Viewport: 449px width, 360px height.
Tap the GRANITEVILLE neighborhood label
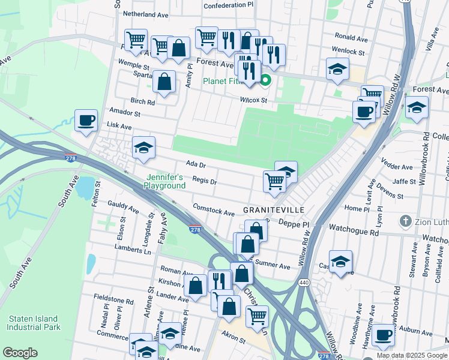(273, 210)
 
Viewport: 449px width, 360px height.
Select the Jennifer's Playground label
(164, 181)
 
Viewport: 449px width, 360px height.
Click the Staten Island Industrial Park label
(33, 323)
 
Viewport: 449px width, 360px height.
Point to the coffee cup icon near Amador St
(85, 119)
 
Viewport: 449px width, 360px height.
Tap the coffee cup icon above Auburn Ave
(383, 335)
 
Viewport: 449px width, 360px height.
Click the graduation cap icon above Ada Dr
(143, 148)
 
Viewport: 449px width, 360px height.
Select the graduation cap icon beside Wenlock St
(337, 68)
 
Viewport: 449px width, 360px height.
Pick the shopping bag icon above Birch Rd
(164, 81)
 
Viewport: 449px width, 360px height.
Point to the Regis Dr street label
(204, 180)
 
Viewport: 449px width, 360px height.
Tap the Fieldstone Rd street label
(113, 299)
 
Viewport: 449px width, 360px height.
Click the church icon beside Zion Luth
(406, 221)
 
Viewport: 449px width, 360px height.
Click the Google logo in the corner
(20, 353)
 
